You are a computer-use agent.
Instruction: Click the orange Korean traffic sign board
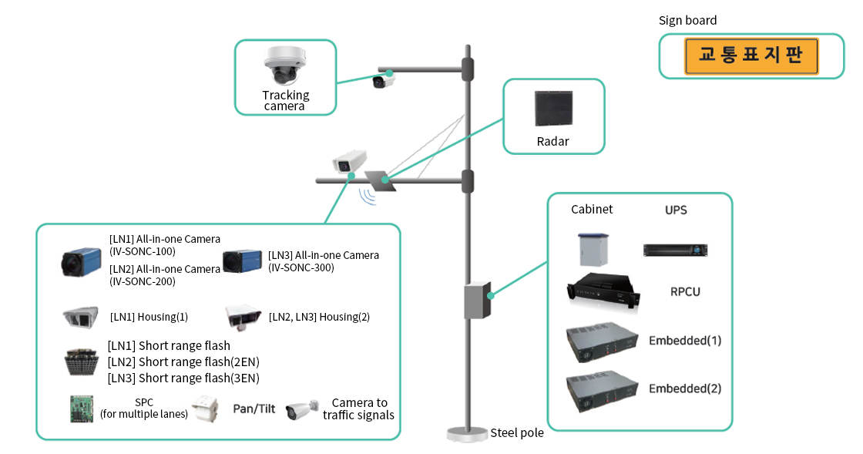(x=751, y=56)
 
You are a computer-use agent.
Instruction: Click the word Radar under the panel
(x=552, y=142)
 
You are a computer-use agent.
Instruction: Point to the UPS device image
(x=675, y=250)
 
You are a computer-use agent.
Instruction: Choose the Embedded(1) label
(x=685, y=340)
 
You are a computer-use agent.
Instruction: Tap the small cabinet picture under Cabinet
(x=590, y=249)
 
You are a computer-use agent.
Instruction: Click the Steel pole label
(x=517, y=433)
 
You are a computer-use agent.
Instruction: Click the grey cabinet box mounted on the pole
(x=478, y=300)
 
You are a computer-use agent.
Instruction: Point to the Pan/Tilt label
(x=254, y=409)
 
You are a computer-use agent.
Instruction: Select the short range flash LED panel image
(x=82, y=362)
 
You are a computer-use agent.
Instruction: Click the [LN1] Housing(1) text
(x=149, y=317)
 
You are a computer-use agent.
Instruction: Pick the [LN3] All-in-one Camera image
(x=243, y=261)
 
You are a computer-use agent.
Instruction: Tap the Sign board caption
(x=687, y=21)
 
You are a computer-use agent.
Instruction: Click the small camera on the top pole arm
(x=380, y=81)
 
